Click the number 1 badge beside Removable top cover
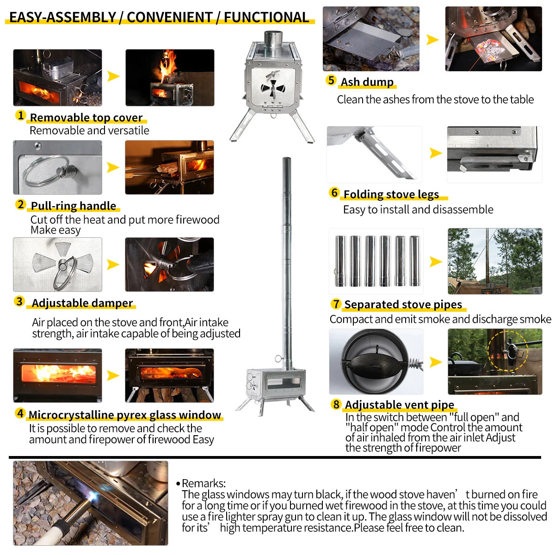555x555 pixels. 20,115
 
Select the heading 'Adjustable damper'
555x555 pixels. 82,303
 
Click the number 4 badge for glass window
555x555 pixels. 20,413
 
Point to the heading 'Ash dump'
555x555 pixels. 367,82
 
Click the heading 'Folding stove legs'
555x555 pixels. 391,194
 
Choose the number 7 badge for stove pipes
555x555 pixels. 336,304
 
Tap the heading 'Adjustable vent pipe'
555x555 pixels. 400,405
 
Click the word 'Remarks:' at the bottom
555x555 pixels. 203,483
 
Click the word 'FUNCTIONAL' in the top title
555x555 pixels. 266,18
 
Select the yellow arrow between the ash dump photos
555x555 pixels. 432,40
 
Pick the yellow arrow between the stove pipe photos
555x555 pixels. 435,262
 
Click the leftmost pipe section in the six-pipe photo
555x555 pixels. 340,261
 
